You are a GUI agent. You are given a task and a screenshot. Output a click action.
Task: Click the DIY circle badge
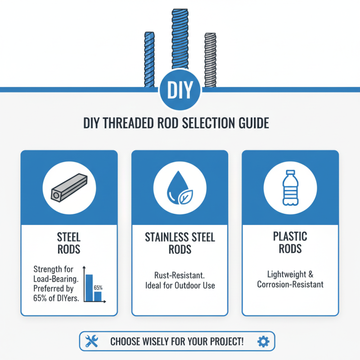pyautogui.click(x=180, y=90)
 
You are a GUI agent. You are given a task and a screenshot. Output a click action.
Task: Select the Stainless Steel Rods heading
pyautogui.click(x=180, y=243)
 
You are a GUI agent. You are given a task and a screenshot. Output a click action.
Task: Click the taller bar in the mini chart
pyautogui.click(x=89, y=288)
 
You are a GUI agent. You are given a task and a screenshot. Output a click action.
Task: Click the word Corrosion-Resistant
pyautogui.click(x=290, y=284)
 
